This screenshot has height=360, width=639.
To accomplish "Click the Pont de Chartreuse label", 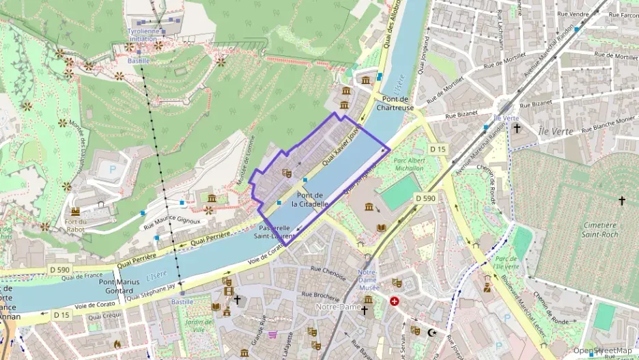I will click(395, 102).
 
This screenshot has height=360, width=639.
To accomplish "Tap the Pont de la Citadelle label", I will click(311, 199).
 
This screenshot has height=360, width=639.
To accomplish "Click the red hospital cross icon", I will click(395, 301).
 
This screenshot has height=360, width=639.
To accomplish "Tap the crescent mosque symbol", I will click(431, 333).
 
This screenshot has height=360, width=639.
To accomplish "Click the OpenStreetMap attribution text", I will click(602, 351).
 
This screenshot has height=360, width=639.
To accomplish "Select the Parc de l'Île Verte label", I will click(507, 263).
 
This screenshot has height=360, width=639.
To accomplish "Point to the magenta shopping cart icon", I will click(272, 334).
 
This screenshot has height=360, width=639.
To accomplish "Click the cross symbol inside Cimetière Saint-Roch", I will click(621, 200).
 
